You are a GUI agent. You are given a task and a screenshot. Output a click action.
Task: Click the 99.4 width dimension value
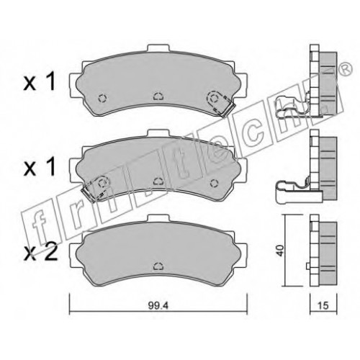point(158,305)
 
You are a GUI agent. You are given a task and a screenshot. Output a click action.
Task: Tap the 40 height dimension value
point(280,251)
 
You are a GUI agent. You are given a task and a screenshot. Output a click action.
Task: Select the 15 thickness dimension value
point(323,305)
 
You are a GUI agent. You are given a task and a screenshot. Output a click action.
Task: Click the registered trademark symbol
point(346,69)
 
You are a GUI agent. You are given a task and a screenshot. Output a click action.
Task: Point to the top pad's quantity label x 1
point(40,82)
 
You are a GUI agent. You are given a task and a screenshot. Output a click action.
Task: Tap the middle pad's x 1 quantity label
point(40,167)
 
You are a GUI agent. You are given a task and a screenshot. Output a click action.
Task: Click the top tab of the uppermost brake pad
point(158,48)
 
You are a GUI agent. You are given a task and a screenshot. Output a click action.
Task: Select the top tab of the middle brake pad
point(158,133)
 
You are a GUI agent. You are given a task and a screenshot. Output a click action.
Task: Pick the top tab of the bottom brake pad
point(158,218)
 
